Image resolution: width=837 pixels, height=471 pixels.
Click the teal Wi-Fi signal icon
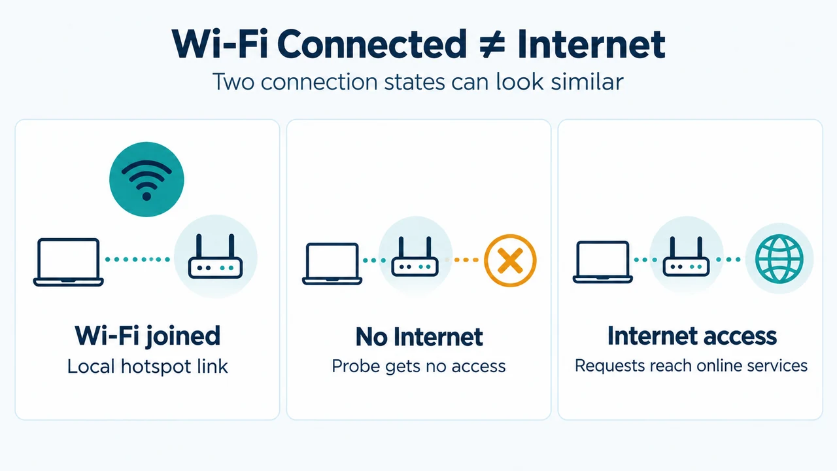[x=146, y=179]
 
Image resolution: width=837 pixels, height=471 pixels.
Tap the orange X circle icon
[x=510, y=260]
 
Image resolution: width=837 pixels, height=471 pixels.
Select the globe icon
[x=779, y=258]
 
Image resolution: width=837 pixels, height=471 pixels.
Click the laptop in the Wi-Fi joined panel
[x=69, y=262]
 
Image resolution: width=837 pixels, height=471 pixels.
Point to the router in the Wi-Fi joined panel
[x=215, y=256]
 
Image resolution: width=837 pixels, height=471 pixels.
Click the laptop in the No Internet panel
[x=332, y=264]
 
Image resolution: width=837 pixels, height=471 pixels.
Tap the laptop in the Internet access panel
[x=602, y=262]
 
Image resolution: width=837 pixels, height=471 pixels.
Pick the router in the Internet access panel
[x=686, y=256]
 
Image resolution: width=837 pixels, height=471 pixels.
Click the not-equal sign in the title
[x=492, y=45]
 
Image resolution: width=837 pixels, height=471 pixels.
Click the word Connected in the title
[x=372, y=44]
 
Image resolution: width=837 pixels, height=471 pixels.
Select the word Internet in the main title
[x=592, y=44]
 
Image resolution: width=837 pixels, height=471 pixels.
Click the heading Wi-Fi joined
[x=147, y=336]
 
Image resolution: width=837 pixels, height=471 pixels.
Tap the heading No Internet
[x=419, y=337]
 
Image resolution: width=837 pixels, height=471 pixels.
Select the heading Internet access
[x=692, y=336]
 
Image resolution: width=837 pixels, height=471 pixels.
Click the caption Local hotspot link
[x=147, y=366]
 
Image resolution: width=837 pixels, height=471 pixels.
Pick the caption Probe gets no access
[x=418, y=366]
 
